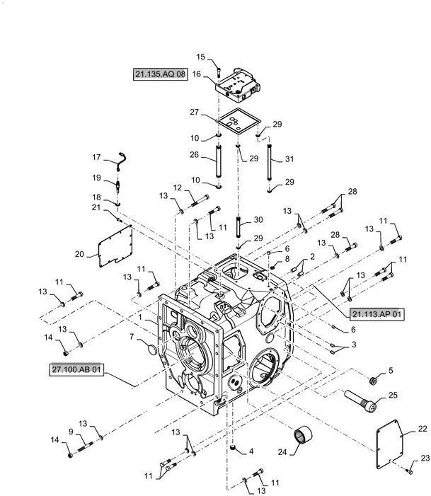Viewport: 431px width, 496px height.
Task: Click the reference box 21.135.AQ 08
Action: [x=159, y=74]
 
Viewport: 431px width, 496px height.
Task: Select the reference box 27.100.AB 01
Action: [x=76, y=369]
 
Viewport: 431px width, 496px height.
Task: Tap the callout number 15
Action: [x=201, y=57]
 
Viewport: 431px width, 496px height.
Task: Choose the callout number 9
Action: [x=70, y=431]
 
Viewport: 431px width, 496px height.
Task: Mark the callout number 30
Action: [x=259, y=219]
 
